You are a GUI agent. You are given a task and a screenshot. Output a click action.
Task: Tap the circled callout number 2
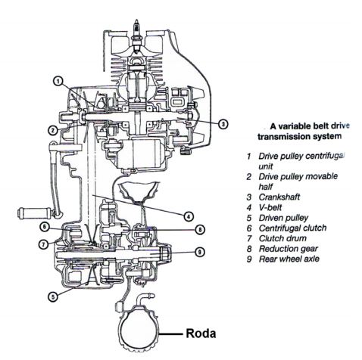(53, 129)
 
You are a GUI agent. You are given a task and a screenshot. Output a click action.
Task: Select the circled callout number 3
(224, 123)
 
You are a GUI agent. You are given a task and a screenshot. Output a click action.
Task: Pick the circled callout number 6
(45, 226)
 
